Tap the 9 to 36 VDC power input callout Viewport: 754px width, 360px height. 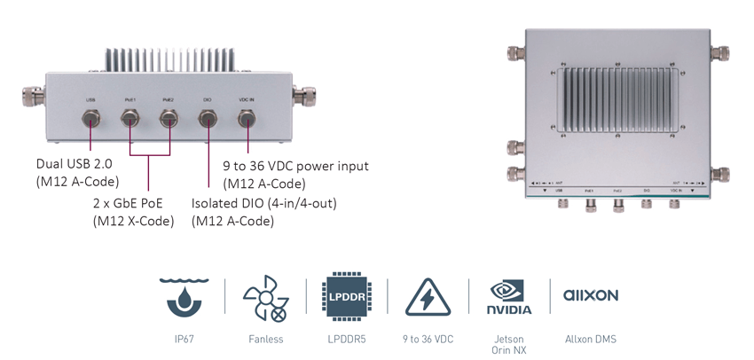point(295,174)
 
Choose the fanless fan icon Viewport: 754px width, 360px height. point(265,297)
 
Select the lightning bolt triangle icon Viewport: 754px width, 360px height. point(428,297)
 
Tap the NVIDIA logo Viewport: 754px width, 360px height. point(509,297)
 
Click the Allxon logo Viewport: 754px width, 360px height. point(591,294)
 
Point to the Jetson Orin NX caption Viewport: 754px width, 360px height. point(509,344)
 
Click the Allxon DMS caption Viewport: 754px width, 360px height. point(592,339)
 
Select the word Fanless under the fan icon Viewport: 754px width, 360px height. point(265,339)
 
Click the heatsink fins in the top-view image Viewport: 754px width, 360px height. point(620,98)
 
